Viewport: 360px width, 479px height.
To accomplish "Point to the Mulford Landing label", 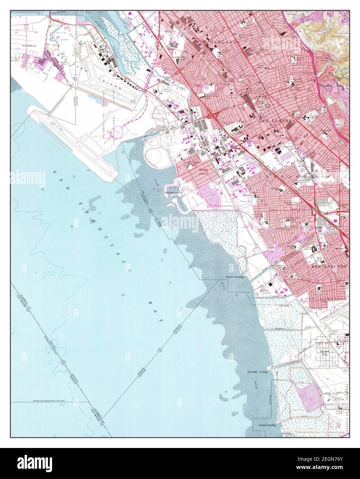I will pyautogui.click(x=173, y=193).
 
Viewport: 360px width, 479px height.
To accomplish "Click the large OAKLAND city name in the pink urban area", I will pyautogui.click(x=227, y=42).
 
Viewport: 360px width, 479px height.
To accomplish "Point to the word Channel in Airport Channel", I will pyautogui.click(x=116, y=52).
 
